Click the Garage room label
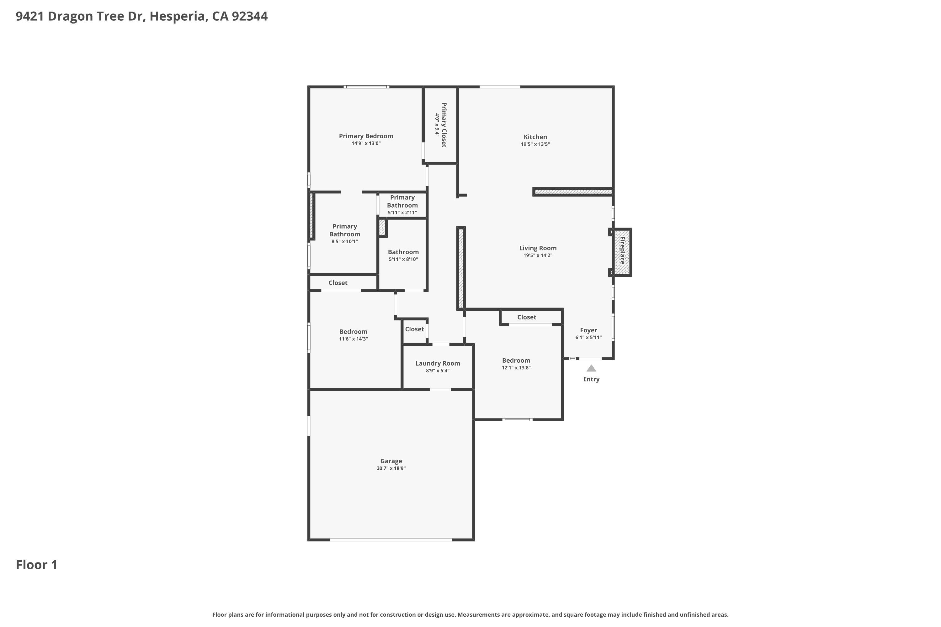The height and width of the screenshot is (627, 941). tap(391, 461)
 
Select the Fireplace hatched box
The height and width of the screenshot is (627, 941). tap(623, 252)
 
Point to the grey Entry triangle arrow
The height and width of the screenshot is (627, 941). tap(591, 368)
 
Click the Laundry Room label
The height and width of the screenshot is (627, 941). tap(437, 363)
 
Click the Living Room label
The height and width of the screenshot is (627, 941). tap(537, 248)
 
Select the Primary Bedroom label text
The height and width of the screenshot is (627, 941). tap(366, 136)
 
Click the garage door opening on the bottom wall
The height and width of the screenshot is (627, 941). tap(391, 540)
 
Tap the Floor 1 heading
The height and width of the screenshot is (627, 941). tap(36, 565)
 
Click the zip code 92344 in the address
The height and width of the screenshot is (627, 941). tap(249, 16)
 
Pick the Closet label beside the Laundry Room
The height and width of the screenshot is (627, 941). tap(414, 329)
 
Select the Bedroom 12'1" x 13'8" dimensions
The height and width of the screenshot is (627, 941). tap(516, 368)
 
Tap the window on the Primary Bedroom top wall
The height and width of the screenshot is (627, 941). tap(366, 87)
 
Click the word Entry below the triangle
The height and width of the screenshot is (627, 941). tap(591, 379)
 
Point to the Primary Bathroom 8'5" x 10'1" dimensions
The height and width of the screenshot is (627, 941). tap(344, 241)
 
